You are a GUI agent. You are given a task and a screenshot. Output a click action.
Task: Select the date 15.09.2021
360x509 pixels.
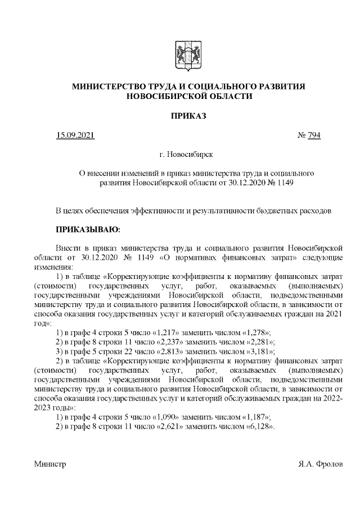(75, 136)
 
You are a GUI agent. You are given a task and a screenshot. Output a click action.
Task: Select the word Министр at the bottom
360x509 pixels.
(50, 465)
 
